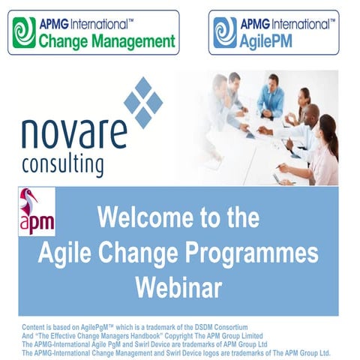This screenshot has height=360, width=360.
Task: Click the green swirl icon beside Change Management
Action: [x=25, y=32]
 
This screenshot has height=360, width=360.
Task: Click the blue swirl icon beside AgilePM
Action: [x=225, y=32]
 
